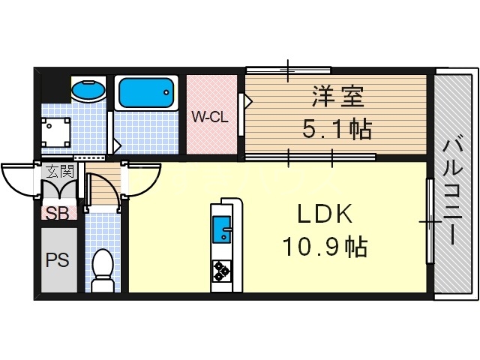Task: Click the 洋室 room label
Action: [337, 97]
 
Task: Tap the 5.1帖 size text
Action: [337, 129]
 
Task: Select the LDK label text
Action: [324, 214]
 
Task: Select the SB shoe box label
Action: [58, 213]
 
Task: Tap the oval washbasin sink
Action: [88, 91]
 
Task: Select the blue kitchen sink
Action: [222, 228]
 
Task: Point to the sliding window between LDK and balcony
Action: [429, 220]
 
